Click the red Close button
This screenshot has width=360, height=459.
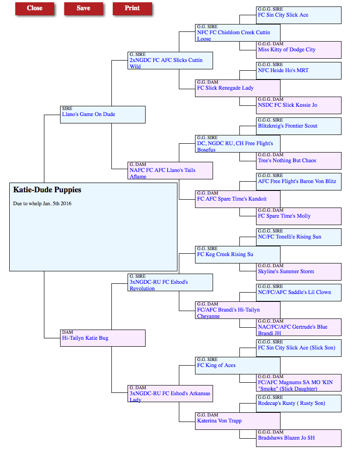pyautogui.click(x=35, y=8)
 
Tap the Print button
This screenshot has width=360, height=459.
pyautogui.click(x=132, y=8)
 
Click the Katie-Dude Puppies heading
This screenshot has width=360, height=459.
pyautogui.click(x=47, y=190)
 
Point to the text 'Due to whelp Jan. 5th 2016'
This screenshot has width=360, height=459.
pyautogui.click(x=42, y=204)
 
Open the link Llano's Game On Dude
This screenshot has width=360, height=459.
pyautogui.click(x=88, y=115)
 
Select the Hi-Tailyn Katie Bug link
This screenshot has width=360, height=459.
pyautogui.click(x=85, y=338)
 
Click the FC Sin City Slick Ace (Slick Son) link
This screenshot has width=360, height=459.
pyautogui.click(x=297, y=348)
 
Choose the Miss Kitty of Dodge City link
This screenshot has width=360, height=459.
pyautogui.click(x=287, y=50)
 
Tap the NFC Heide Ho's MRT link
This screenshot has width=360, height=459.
pyautogui.click(x=283, y=70)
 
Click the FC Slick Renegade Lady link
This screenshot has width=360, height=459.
pyautogui.click(x=225, y=88)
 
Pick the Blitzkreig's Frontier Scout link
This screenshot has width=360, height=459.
pyautogui.click(x=287, y=126)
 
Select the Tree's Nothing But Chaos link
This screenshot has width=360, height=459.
pyautogui.click(x=287, y=160)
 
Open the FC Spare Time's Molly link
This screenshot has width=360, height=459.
pyautogui.click(x=284, y=216)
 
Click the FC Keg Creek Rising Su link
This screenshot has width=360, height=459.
pyautogui.click(x=225, y=254)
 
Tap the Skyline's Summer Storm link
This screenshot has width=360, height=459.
pyautogui.click(x=286, y=271)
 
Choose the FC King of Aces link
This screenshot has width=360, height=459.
pyautogui.click(x=216, y=365)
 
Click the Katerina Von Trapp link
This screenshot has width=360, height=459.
pyautogui.click(x=219, y=421)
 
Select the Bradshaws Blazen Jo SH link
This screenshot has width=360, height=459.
pyautogui.click(x=286, y=438)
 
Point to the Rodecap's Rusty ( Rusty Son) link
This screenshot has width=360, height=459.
pyautogui.click(x=291, y=403)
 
